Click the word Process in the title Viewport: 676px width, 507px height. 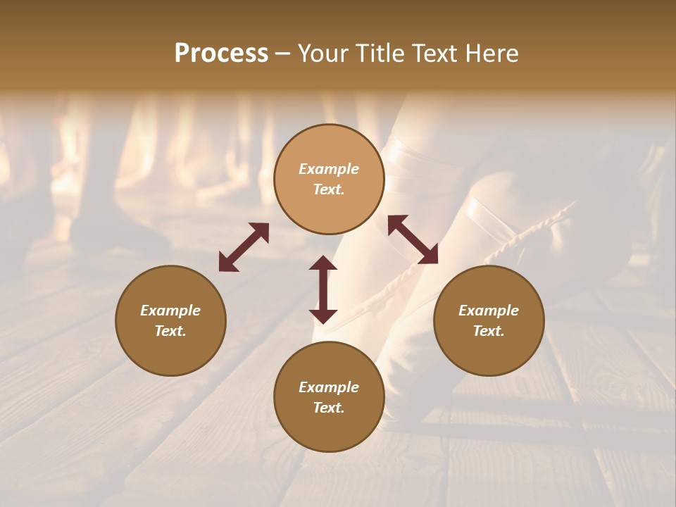click(x=221, y=54)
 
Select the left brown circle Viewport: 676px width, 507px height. click(x=170, y=320)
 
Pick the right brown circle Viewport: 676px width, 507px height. click(x=489, y=320)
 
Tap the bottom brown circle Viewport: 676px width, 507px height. click(x=329, y=397)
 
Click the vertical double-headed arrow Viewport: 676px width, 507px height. click(x=323, y=289)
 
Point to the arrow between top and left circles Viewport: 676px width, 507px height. click(x=244, y=247)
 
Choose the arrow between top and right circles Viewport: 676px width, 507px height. click(x=413, y=239)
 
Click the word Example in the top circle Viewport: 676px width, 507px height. click(x=329, y=169)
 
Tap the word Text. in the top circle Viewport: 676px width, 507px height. click(x=329, y=189)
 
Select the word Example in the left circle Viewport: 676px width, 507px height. click(x=170, y=311)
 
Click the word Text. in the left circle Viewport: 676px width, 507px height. click(x=170, y=331)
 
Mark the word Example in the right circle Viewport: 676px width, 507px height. click(x=489, y=311)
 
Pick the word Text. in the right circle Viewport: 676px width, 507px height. click(x=489, y=331)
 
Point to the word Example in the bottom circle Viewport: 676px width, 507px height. click(x=329, y=387)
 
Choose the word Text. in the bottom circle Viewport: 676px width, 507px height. click(x=329, y=408)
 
